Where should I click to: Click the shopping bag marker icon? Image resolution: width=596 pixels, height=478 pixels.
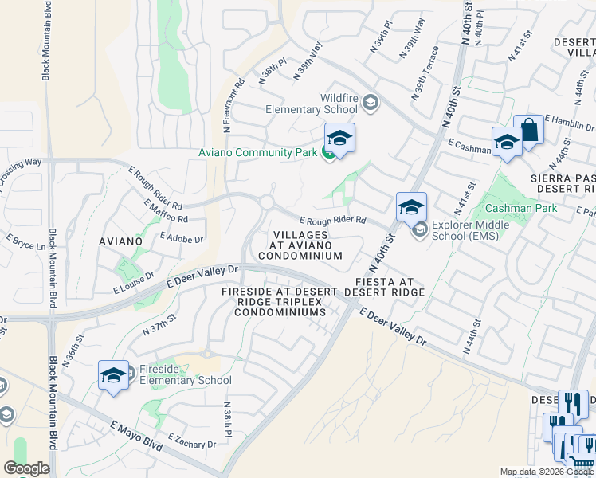[528, 129]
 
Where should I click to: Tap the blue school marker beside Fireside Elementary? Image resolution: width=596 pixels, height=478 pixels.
[113, 375]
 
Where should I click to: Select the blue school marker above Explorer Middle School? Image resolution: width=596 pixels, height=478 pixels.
[411, 207]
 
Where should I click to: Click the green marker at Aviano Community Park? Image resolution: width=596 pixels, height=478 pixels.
[327, 153]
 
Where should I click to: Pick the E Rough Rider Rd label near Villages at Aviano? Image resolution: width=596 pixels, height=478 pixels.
[332, 220]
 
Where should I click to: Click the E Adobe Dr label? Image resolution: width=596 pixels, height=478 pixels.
[182, 237]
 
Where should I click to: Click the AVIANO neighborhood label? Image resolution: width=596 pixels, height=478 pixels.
[120, 240]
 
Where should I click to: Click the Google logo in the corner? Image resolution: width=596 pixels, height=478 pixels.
[26, 468]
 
